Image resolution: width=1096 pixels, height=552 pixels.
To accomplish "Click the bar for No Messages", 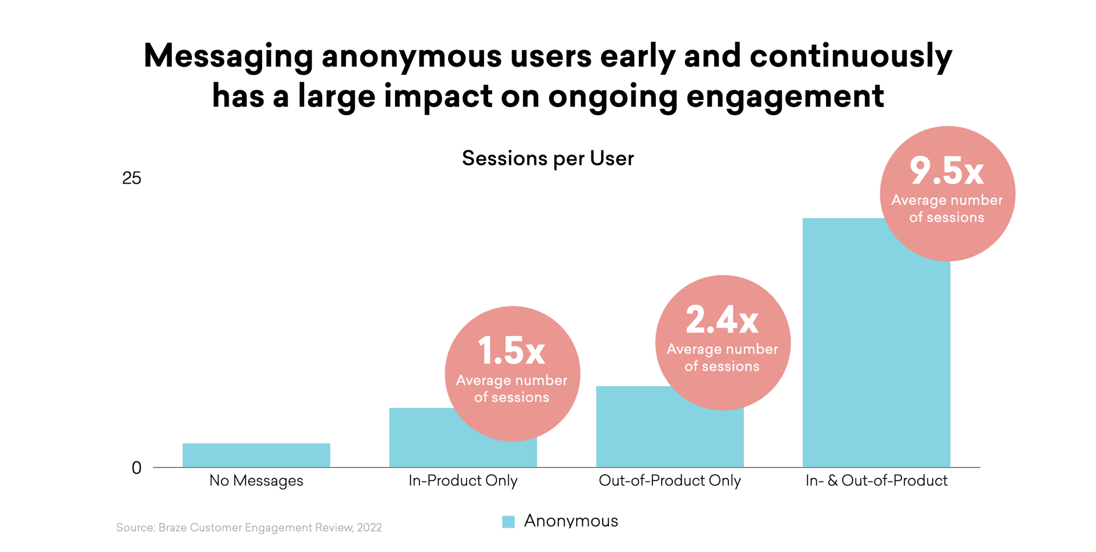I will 256,455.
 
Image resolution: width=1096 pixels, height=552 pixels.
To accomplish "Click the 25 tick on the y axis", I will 131,178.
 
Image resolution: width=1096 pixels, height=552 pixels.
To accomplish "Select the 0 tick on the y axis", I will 136,468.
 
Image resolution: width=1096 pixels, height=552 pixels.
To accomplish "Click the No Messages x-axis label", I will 256,481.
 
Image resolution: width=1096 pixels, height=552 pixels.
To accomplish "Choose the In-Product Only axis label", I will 463,481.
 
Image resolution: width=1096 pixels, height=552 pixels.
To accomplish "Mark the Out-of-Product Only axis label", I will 670,481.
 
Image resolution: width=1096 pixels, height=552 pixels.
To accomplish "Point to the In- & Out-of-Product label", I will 876,481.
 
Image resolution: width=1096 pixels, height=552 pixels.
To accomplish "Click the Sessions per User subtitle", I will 547,159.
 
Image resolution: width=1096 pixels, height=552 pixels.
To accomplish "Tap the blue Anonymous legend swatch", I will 508,521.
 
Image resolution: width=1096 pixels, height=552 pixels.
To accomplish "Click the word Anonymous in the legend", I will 571,521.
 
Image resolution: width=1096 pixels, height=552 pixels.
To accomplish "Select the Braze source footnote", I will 249,527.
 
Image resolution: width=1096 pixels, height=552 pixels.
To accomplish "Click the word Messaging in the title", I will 228,57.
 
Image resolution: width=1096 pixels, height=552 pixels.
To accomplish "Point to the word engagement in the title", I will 785,96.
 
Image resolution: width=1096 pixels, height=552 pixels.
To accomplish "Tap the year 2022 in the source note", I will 369,527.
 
